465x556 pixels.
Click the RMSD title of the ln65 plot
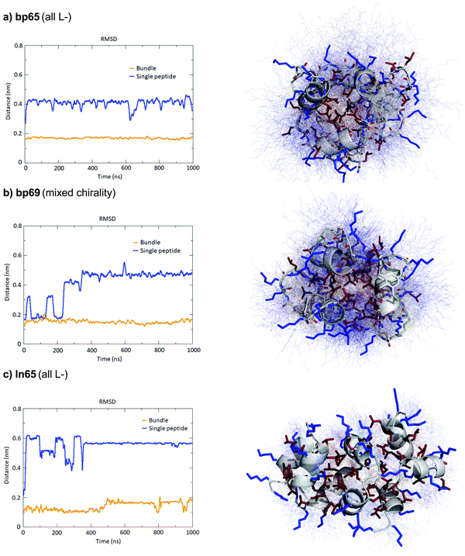tap(108, 402)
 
